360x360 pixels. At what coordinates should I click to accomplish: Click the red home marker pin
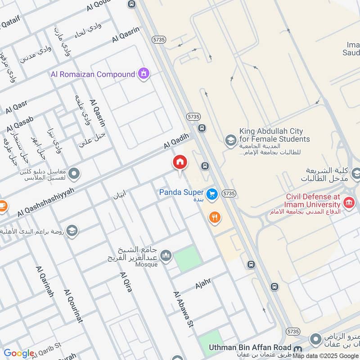(x=180, y=163)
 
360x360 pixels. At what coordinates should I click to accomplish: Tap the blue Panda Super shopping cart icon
(x=212, y=194)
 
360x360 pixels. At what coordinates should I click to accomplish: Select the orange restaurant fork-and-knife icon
(x=215, y=218)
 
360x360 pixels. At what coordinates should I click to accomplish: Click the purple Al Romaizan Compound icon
(x=144, y=73)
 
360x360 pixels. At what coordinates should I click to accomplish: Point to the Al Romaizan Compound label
(x=93, y=74)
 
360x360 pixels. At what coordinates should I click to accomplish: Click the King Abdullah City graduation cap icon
(x=230, y=139)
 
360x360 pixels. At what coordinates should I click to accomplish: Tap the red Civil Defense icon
(x=348, y=202)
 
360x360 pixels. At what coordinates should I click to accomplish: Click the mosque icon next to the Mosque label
(x=166, y=256)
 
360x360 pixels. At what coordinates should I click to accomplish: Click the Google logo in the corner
(x=18, y=353)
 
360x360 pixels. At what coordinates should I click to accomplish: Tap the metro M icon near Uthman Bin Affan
(x=297, y=348)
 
